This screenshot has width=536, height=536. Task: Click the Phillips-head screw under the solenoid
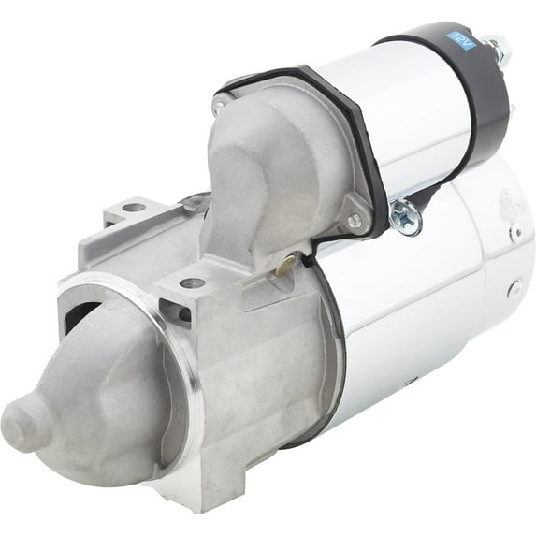pyautogui.click(x=405, y=214)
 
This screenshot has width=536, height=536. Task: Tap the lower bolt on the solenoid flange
pyautogui.click(x=354, y=221)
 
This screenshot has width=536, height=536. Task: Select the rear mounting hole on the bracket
pyautogui.click(x=134, y=208)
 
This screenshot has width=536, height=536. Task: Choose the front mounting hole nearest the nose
pyautogui.click(x=192, y=282)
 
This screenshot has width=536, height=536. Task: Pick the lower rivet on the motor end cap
pyautogui.click(x=512, y=290)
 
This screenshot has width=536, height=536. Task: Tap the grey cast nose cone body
pyautogui.click(x=103, y=393)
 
